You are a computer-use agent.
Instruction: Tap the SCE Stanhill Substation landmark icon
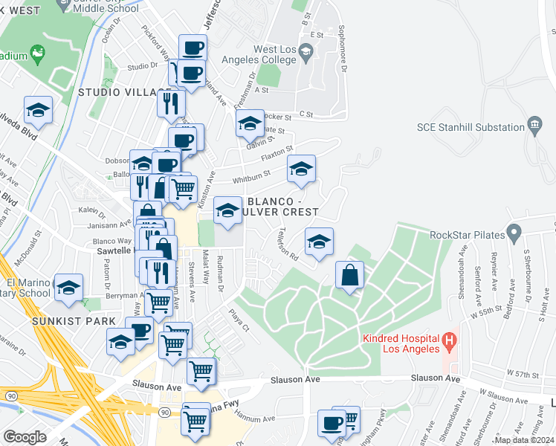[534, 123]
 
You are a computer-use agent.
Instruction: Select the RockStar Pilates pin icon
[513, 235]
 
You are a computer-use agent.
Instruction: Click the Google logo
[25, 436]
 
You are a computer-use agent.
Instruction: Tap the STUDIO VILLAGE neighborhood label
[125, 92]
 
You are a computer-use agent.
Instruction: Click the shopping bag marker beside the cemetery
[349, 275]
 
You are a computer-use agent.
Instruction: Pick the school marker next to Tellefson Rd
[319, 242]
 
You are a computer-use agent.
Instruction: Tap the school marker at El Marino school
[68, 288]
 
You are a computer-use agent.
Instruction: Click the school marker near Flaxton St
[301, 169]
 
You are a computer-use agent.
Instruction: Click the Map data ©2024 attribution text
[524, 440]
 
